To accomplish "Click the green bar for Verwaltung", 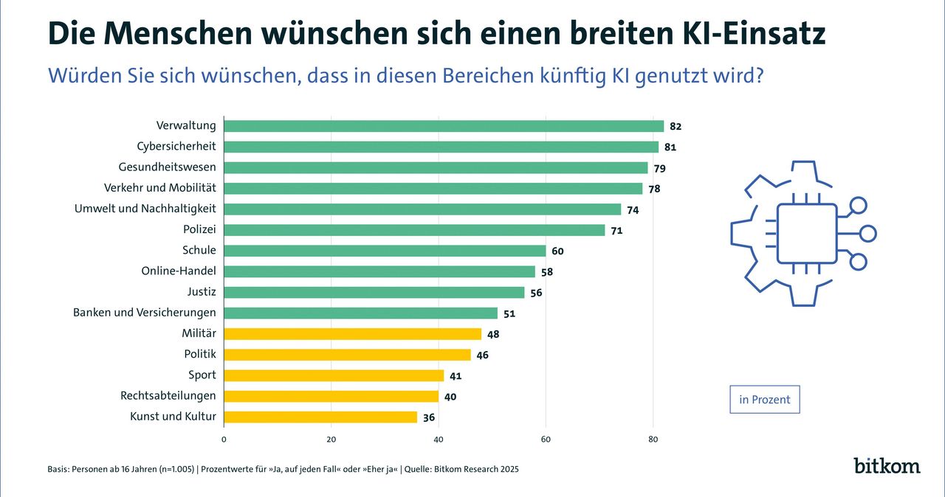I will pyautogui.click(x=443, y=126).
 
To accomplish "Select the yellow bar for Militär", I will pyautogui.click(x=352, y=334).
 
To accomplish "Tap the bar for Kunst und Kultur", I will pyautogui.click(x=320, y=417).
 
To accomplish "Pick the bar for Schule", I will pyautogui.click(x=385, y=251).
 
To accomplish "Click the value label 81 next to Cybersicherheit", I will pyautogui.click(x=670, y=147).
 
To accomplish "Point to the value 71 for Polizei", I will pyautogui.click(x=616, y=231).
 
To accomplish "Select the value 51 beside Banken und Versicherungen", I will pyautogui.click(x=509, y=313).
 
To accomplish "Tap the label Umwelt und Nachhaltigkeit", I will pyautogui.click(x=145, y=209).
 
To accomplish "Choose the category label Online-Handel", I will pyautogui.click(x=179, y=271).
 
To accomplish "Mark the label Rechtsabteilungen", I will pyautogui.click(x=168, y=396).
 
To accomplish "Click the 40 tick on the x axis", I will pyautogui.click(x=439, y=439).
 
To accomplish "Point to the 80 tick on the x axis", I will pyautogui.click(x=653, y=439).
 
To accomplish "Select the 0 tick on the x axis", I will pyautogui.click(x=224, y=439).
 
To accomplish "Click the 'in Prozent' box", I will pyautogui.click(x=764, y=400).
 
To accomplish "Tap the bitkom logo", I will pyautogui.click(x=887, y=466).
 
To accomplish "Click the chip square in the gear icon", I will pyautogui.click(x=806, y=233).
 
